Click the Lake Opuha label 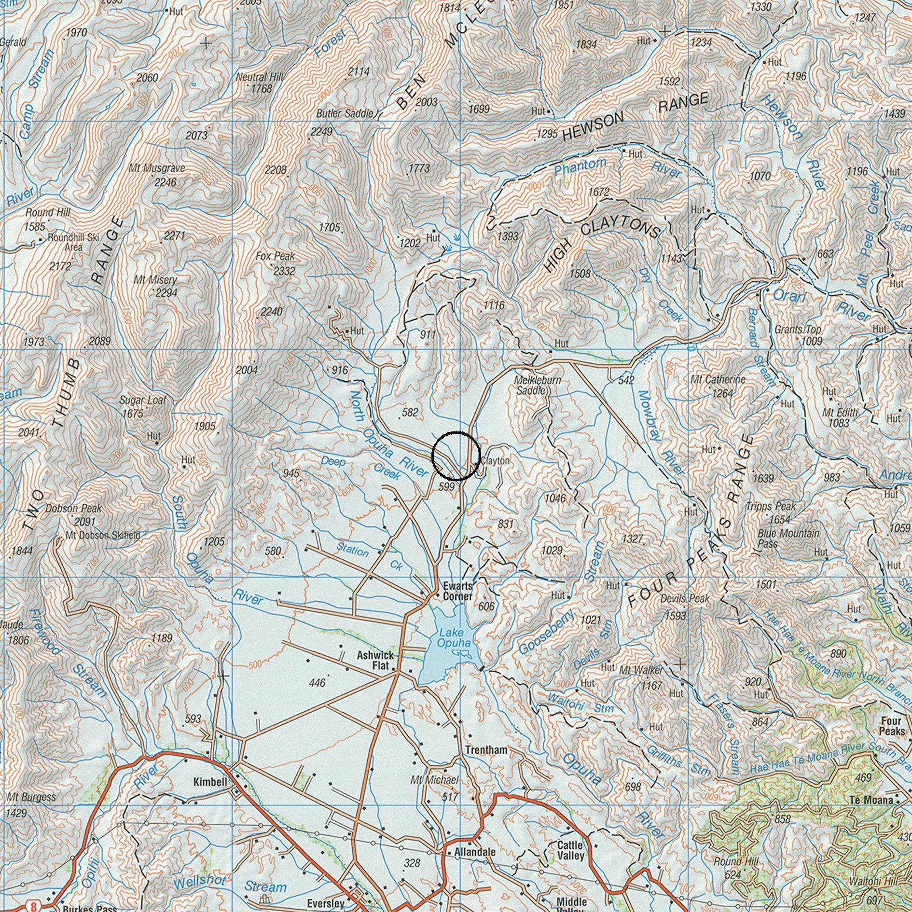pos(453,637)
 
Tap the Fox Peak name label pos(276,256)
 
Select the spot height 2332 pos(284,271)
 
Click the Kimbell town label pos(210,782)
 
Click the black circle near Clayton pos(456,456)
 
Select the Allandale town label pos(475,852)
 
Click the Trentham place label pos(486,750)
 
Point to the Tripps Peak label pos(770,507)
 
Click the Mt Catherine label pos(718,380)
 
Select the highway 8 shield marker pos(33,906)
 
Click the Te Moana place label pos(871,801)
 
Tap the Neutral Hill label pos(260,77)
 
